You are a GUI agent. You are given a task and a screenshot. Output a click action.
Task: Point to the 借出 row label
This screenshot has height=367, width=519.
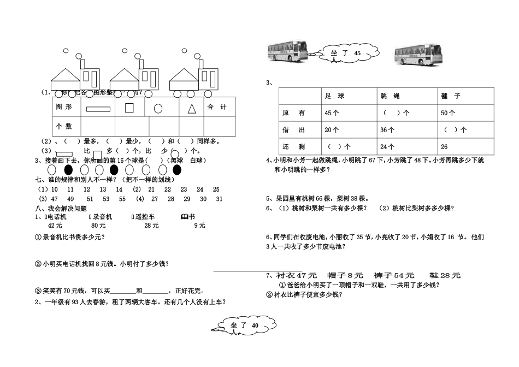(x=293, y=130)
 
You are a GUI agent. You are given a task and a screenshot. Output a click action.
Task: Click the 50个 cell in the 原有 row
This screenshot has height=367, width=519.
(x=448, y=113)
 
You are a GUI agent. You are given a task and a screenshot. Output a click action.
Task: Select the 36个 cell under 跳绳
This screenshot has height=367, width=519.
(x=387, y=130)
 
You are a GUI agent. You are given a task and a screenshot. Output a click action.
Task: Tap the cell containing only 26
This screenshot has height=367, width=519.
(x=444, y=146)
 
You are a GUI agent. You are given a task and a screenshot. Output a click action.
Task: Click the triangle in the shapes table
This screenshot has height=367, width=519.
(x=192, y=108)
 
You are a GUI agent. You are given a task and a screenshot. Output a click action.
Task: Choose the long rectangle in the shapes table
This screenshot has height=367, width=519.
(x=98, y=108)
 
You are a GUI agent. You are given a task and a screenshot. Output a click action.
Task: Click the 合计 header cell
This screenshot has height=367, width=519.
(x=217, y=107)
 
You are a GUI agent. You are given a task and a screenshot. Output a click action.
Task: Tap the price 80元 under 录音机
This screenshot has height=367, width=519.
(x=98, y=225)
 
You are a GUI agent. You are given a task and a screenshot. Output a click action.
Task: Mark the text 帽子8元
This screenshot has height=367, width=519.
(x=345, y=276)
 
